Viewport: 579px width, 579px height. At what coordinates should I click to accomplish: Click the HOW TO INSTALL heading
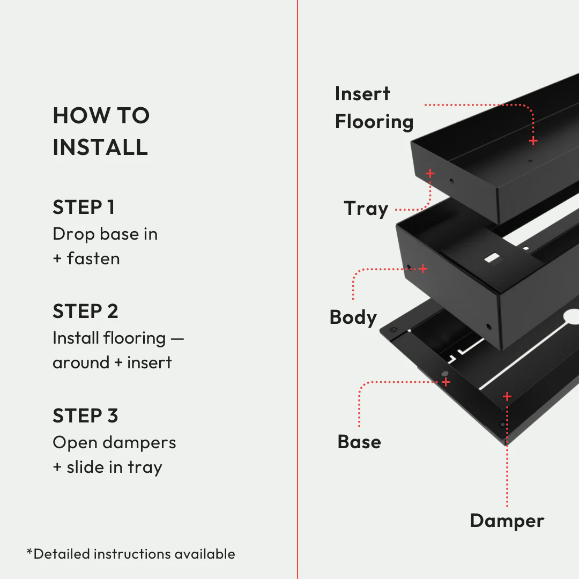coord(101,131)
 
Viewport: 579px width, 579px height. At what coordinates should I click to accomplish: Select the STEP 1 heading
coord(84,207)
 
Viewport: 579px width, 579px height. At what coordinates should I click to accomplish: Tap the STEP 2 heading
coord(85,311)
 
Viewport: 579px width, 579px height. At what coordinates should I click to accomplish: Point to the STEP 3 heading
coord(85,415)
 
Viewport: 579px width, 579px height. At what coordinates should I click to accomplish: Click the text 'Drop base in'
coord(105,234)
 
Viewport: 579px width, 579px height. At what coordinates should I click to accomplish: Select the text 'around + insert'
coord(112,362)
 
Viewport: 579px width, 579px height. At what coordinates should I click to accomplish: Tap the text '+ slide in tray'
coord(107,467)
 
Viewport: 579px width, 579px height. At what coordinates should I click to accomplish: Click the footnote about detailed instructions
coord(131,554)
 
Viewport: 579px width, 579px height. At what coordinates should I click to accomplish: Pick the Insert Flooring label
coord(374,108)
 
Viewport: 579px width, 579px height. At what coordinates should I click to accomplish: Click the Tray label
coord(366,209)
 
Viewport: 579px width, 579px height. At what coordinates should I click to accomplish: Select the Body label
coord(353,317)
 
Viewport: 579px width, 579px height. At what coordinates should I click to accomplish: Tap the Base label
coord(359,442)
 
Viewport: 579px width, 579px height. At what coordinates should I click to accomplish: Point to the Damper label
coord(507,521)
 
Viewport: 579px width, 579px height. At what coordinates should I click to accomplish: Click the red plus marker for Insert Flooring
coord(533,141)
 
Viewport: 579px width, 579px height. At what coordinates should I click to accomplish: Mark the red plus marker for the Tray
coord(430,173)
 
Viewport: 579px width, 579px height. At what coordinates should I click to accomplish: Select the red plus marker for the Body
coord(423,269)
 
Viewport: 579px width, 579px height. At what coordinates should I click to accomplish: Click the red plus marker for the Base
coord(446,382)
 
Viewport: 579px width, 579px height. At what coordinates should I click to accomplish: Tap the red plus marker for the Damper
coord(507,397)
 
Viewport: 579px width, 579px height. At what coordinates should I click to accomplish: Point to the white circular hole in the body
coord(571,317)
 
